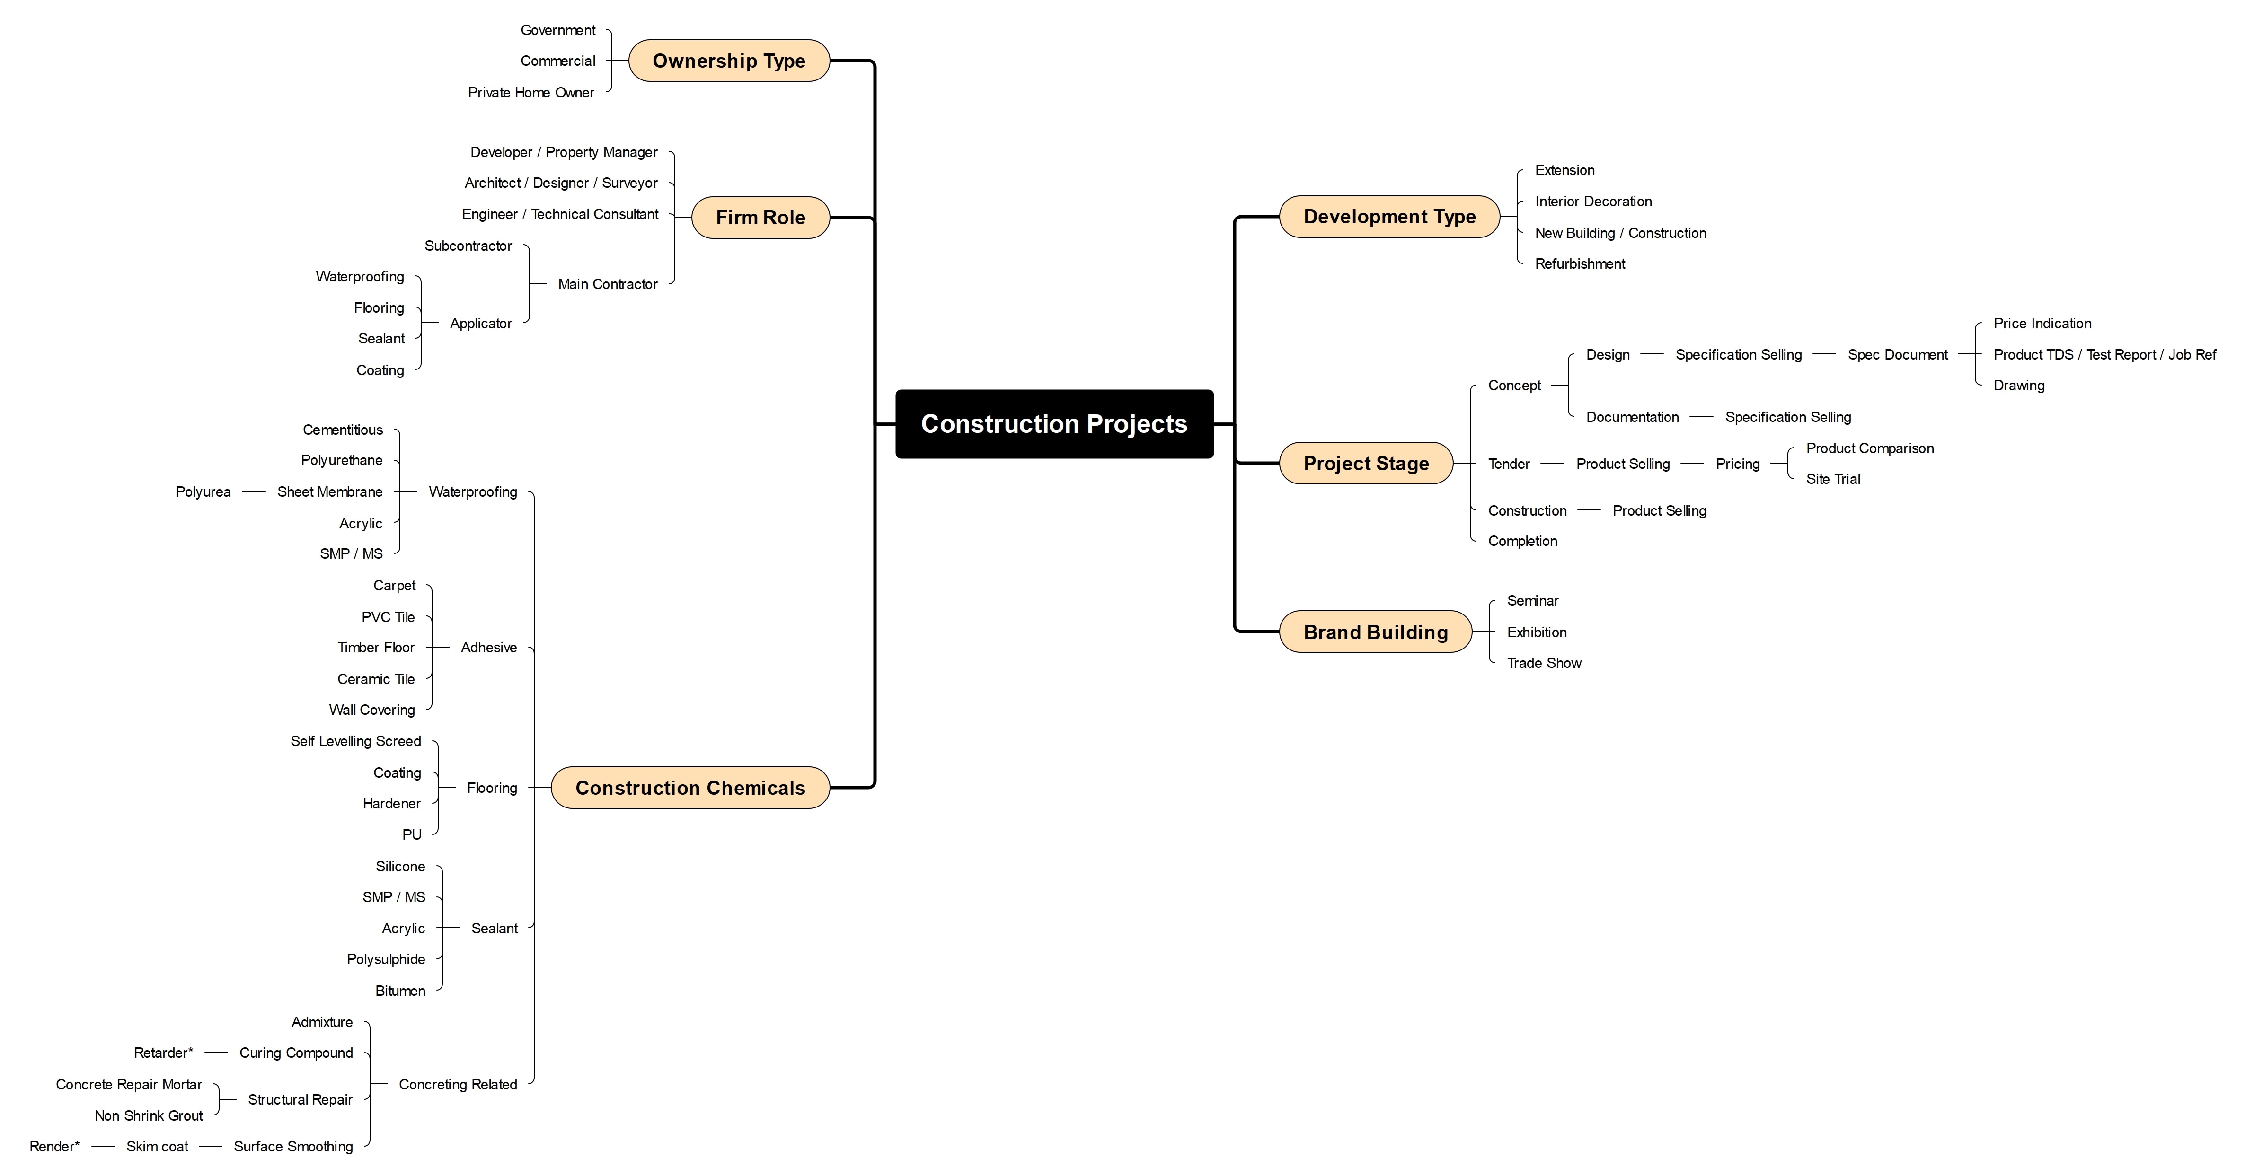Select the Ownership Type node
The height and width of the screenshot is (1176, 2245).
729,61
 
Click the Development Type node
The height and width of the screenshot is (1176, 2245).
1389,217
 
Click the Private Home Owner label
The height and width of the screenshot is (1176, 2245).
531,92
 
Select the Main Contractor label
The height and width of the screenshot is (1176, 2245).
608,284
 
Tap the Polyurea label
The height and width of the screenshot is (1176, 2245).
203,491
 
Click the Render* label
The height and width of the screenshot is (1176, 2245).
54,1146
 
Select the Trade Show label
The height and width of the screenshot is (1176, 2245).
1544,663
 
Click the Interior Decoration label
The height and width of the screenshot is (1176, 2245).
1593,201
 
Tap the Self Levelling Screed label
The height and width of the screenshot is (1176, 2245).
355,741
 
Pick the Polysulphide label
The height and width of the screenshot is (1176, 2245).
386,959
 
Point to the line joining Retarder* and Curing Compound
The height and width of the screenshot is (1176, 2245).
216,1053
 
